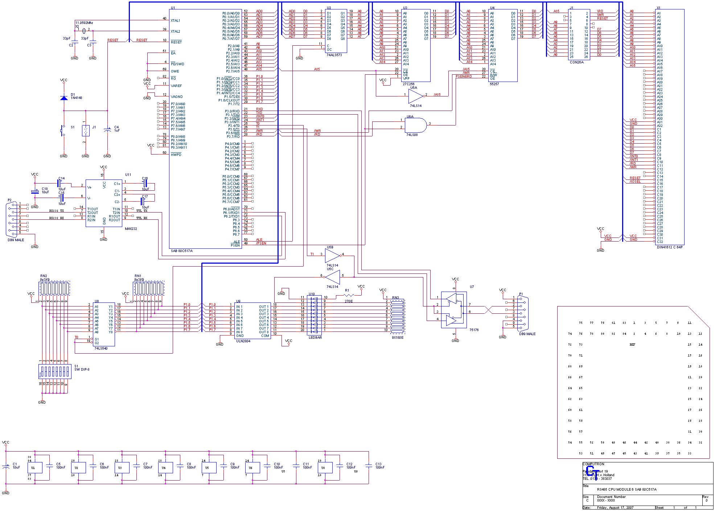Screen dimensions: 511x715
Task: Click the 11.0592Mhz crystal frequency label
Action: click(x=84, y=23)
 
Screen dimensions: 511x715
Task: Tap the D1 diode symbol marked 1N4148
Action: click(x=64, y=98)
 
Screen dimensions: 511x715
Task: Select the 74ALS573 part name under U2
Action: click(x=334, y=55)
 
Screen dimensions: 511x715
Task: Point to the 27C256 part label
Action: click(x=408, y=84)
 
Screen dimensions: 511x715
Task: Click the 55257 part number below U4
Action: click(x=494, y=84)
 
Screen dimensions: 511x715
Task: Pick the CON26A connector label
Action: click(x=576, y=62)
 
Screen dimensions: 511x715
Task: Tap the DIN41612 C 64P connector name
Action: click(x=670, y=247)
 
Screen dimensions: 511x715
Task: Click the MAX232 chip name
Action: click(x=131, y=229)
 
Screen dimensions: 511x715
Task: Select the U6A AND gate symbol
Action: click(x=416, y=125)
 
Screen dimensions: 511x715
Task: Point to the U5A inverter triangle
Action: click(x=415, y=96)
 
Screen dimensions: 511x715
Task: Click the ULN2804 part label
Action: click(x=243, y=341)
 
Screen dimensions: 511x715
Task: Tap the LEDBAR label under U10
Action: click(x=315, y=338)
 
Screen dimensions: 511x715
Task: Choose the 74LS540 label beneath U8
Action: click(x=101, y=349)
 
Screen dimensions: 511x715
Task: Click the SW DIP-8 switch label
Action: click(x=82, y=370)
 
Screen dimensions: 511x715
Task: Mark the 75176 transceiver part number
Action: click(x=474, y=330)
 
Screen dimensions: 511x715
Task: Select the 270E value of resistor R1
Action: click(x=348, y=301)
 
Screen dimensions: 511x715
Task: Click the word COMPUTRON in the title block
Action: click(x=593, y=464)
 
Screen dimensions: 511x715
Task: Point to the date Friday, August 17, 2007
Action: click(x=615, y=508)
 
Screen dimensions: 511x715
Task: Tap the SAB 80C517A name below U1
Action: click(x=182, y=251)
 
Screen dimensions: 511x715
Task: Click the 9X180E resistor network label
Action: click(x=398, y=338)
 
